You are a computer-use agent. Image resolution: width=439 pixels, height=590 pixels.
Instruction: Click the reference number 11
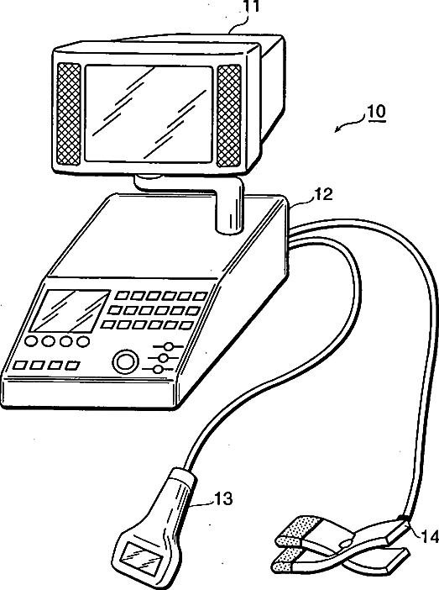point(251,6)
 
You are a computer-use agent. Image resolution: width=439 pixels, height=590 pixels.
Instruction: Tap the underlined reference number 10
point(376,112)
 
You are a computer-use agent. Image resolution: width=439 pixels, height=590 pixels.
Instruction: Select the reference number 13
point(223,499)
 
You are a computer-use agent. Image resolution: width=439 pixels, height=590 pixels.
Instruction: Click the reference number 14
point(430,536)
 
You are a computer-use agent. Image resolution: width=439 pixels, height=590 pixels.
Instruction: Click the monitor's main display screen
point(149,113)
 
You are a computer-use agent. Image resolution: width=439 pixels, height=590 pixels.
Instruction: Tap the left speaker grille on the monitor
point(68,113)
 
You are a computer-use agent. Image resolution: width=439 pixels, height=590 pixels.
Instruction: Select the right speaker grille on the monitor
point(229,116)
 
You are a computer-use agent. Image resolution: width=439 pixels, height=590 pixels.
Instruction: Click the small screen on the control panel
point(69,312)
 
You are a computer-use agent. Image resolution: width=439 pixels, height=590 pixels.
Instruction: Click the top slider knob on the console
point(170,346)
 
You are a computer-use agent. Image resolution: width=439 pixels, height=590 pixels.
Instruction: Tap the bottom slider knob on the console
point(159,369)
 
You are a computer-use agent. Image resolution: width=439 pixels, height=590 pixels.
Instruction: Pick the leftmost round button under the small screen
point(30,341)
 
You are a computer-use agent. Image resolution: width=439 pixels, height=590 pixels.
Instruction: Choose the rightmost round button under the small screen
point(83,341)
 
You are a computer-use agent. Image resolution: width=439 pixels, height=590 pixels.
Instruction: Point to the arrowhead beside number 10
point(338,129)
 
